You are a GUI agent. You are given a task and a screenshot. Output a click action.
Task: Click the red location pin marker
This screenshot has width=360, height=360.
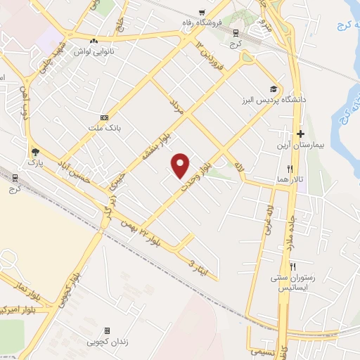tap(181, 165)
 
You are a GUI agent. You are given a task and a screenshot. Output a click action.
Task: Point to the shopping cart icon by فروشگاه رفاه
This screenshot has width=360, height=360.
tap(202, 12)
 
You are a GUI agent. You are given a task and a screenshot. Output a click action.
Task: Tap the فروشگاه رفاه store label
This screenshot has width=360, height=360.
tap(220, 22)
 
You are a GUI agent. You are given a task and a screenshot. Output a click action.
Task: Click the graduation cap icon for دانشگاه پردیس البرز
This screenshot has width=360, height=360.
tap(272, 89)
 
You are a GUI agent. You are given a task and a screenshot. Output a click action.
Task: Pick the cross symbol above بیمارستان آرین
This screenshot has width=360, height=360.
tap(300, 134)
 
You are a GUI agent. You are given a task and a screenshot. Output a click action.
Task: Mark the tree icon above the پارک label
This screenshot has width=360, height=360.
tap(34, 152)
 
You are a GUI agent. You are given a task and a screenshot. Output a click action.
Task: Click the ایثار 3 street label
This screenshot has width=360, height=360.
tap(199, 264)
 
